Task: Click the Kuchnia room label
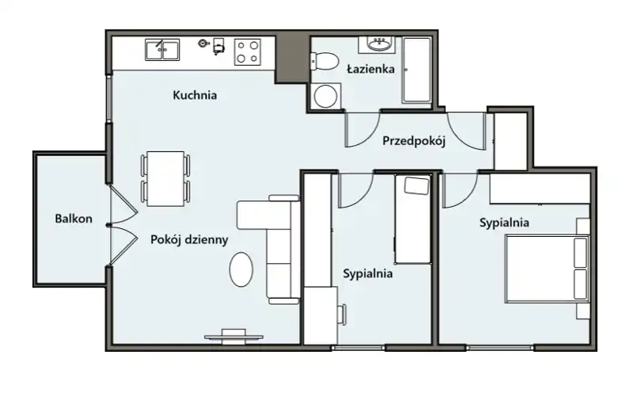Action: click(195, 95)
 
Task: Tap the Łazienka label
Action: click(370, 69)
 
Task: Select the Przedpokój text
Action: click(414, 141)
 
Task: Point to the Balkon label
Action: click(74, 219)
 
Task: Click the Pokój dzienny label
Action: click(189, 239)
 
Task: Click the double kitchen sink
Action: click(162, 50)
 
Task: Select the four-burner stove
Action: click(248, 52)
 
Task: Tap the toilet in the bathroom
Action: click(324, 61)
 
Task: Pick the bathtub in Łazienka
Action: click(416, 70)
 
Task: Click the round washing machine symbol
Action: click(326, 96)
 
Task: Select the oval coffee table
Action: click(241, 269)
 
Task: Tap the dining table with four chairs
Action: click(165, 179)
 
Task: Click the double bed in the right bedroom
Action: click(547, 269)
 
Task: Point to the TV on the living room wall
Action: click(233, 337)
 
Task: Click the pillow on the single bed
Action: click(417, 185)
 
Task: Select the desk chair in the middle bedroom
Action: click(342, 315)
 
